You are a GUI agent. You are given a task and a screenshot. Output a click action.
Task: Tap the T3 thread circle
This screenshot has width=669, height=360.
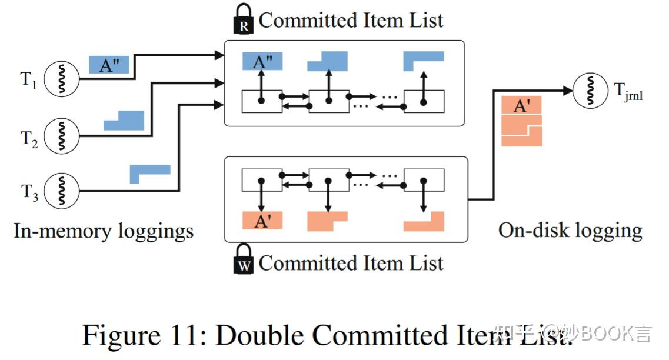point(62,191)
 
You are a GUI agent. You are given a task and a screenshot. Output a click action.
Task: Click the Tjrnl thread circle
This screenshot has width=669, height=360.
point(591,91)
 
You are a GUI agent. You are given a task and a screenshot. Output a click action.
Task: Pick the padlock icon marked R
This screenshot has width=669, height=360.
point(244,19)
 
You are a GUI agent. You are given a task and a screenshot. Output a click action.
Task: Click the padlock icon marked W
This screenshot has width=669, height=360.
point(244,261)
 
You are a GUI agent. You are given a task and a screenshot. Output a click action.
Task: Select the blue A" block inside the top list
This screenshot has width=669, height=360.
point(262,61)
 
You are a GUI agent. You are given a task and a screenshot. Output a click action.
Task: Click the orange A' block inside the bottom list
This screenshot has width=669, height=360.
point(262,221)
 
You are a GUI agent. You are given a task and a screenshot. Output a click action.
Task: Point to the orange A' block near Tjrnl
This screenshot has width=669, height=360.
point(521,106)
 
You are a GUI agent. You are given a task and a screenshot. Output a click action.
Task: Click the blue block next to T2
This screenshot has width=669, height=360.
point(125,121)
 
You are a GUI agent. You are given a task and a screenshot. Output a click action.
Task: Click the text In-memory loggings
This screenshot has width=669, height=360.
point(104,231)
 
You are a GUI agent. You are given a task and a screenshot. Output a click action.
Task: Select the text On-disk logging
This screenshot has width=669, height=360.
point(570,230)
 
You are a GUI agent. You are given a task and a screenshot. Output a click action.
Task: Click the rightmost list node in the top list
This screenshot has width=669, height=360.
point(424,101)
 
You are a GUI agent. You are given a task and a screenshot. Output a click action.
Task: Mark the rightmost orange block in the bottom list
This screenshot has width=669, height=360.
point(425,221)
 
